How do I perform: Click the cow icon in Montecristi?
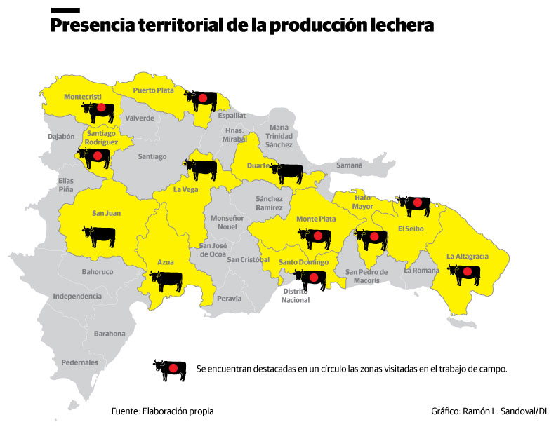pos(98,111)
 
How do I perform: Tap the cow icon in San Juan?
pos(99,236)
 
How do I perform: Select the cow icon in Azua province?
pos(166,281)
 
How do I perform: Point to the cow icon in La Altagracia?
pos(465,274)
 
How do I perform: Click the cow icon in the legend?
pos(170,369)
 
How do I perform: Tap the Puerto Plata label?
pos(153,90)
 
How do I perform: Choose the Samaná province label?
pos(349,165)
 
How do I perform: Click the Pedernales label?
pos(79,362)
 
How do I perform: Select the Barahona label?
pos(110,334)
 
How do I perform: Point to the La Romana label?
pos(421,270)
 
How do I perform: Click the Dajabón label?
pos(61,137)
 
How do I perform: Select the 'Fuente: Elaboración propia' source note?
pos(162,411)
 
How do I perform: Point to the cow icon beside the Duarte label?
pos(286,172)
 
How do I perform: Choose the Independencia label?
pos(77,297)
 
